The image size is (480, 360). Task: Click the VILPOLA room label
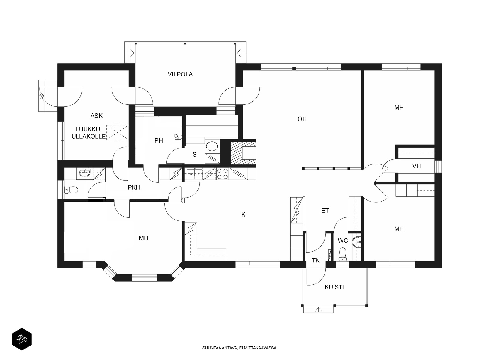click(x=180, y=74)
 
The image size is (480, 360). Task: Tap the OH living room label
click(x=302, y=119)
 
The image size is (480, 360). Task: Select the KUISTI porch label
click(x=334, y=287)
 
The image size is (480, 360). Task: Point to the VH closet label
click(x=416, y=166)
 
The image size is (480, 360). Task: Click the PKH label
click(x=134, y=187)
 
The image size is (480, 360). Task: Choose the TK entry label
click(x=316, y=260)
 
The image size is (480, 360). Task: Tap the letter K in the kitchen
click(x=243, y=214)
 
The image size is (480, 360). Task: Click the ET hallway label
click(x=325, y=211)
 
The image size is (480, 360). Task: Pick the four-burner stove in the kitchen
click(x=223, y=174)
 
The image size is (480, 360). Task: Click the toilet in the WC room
click(x=343, y=254)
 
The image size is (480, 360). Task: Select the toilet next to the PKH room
click(x=71, y=190)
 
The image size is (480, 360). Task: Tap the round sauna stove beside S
click(x=212, y=146)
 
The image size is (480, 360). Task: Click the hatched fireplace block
click(x=243, y=153)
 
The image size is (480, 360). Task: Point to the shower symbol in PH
click(x=178, y=137)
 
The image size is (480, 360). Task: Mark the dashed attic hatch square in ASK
click(x=117, y=132)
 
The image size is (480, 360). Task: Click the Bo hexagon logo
click(x=22, y=339)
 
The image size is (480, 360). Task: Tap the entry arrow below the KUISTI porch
click(x=319, y=310)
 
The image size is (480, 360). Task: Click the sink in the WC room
click(x=357, y=242)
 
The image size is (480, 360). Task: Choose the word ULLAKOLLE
click(x=88, y=136)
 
